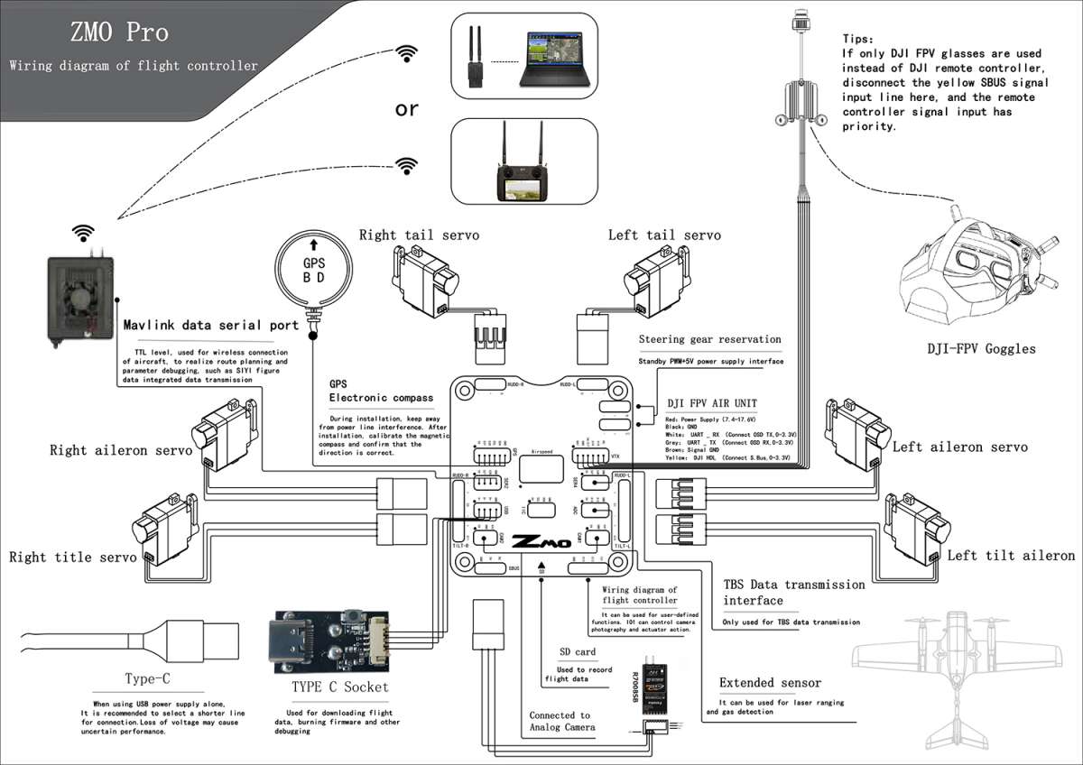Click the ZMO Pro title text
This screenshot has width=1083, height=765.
pyautogui.click(x=119, y=32)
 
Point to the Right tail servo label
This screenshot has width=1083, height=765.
pyautogui.click(x=419, y=235)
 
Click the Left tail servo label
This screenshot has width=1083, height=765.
pyautogui.click(x=664, y=235)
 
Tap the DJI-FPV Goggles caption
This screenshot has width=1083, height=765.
pyautogui.click(x=982, y=349)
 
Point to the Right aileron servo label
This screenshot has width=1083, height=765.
pyautogui.click(x=120, y=449)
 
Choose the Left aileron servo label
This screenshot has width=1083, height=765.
pyautogui.click(x=959, y=447)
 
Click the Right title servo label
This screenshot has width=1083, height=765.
pyautogui.click(x=72, y=558)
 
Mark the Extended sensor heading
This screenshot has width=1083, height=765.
pyautogui.click(x=770, y=683)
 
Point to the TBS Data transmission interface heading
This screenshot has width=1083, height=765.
pyautogui.click(x=793, y=592)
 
